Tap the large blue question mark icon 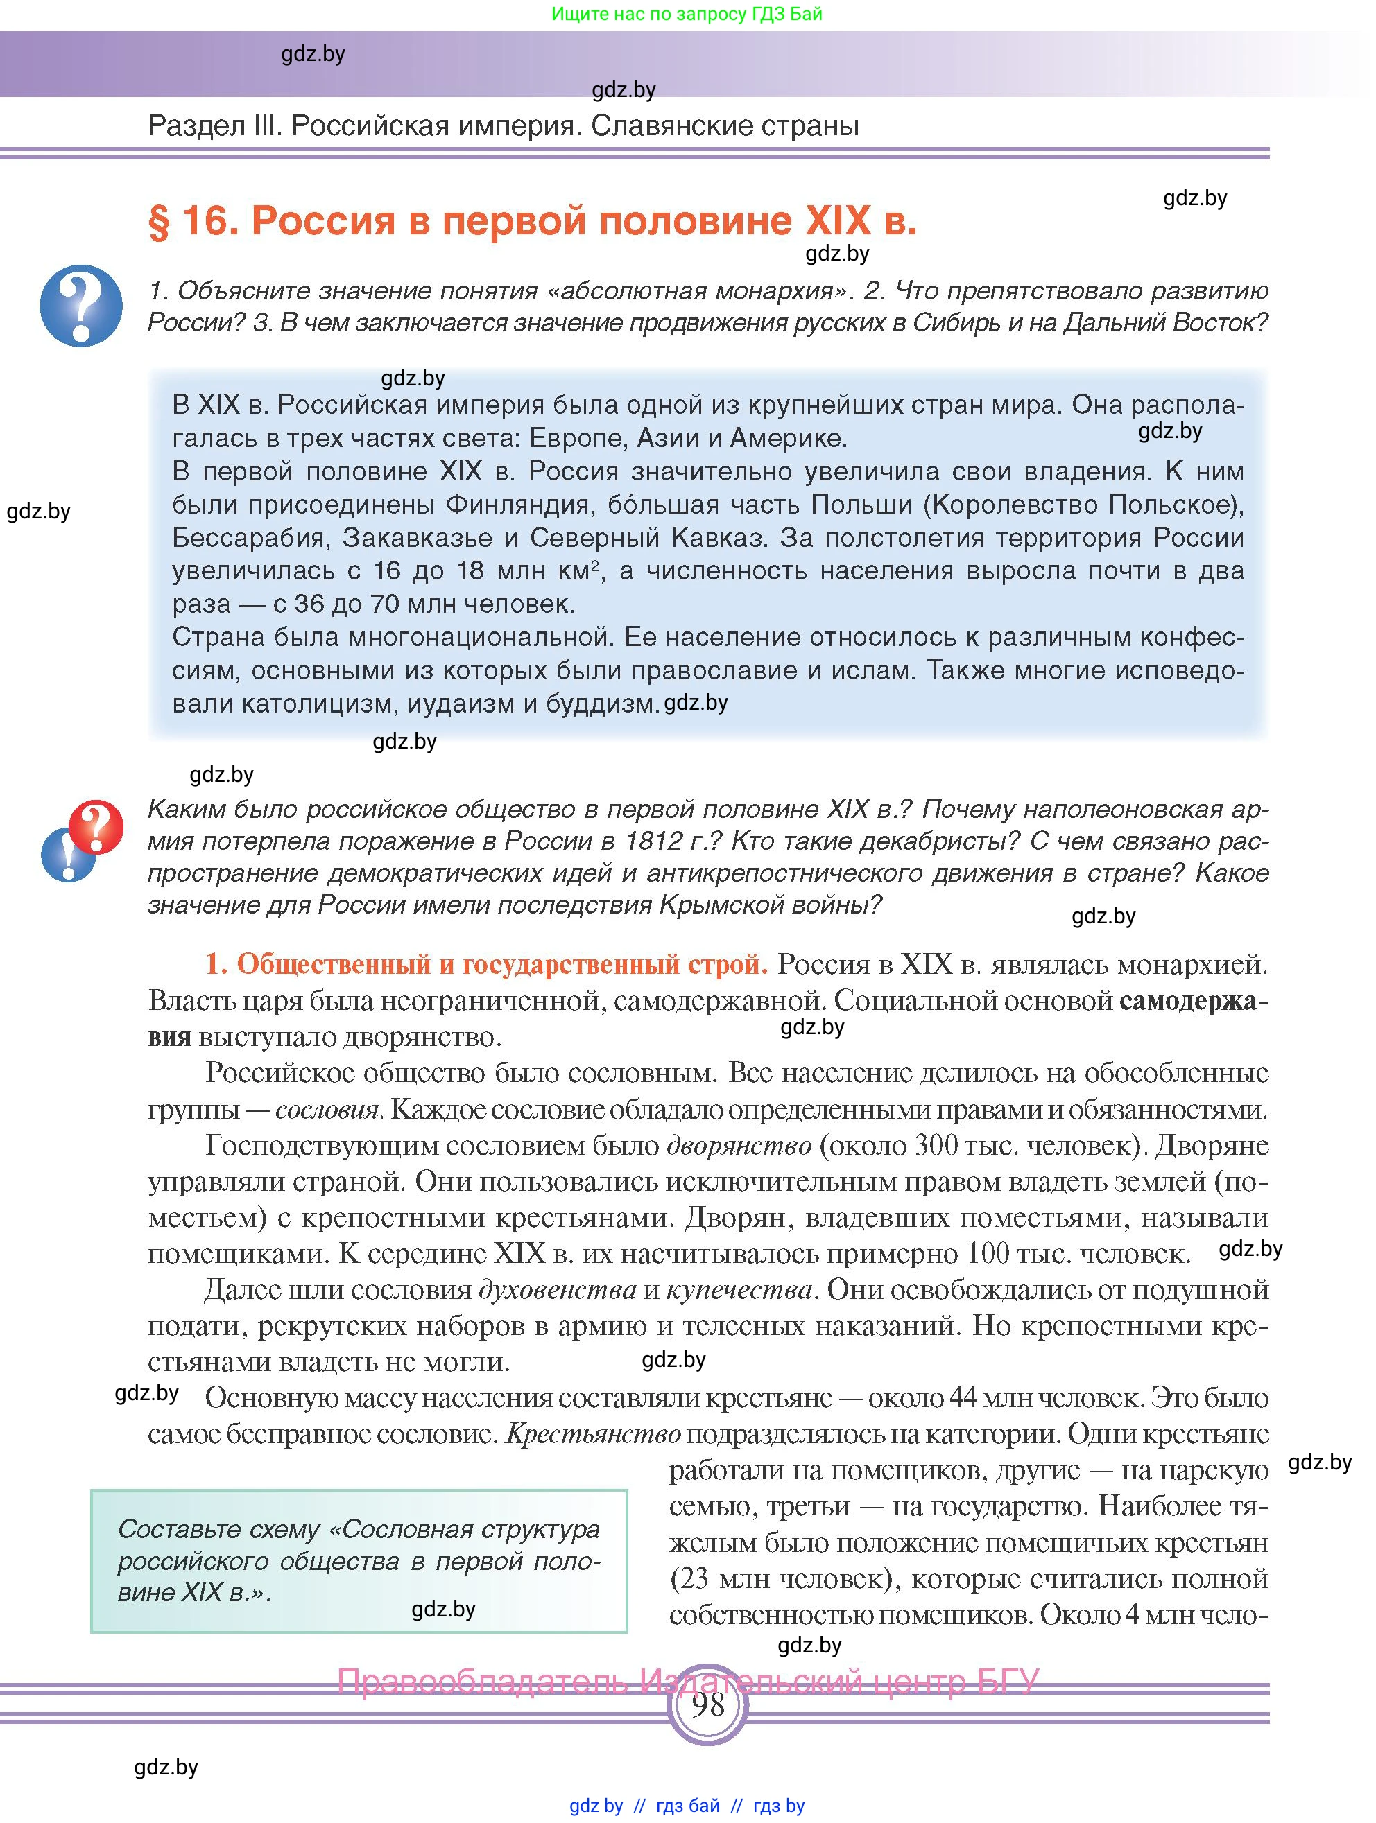pyautogui.click(x=80, y=305)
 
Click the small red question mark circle pyautogui.click(x=96, y=826)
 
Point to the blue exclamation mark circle pyautogui.click(x=66, y=855)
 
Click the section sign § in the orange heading pyautogui.click(x=158, y=221)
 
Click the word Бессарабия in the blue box pyautogui.click(x=248, y=537)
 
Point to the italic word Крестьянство pyautogui.click(x=593, y=1434)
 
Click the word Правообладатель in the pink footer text pyautogui.click(x=482, y=1681)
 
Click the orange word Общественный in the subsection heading pyautogui.click(x=334, y=964)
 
